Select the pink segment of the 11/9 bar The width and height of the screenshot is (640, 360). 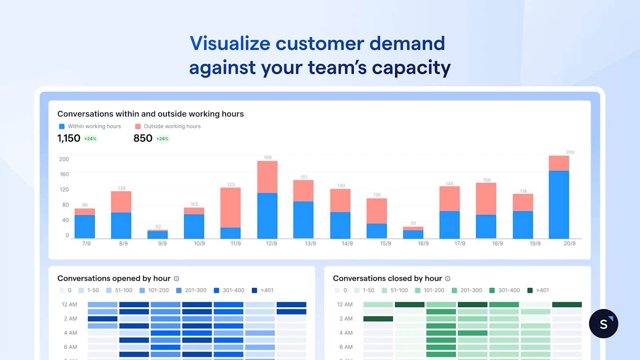tap(230, 207)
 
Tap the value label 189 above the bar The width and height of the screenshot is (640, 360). tap(268, 158)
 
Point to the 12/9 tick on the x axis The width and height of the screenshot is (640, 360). tap(272, 243)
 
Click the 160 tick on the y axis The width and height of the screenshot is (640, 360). tap(64, 174)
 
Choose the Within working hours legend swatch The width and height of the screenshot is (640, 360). tap(62, 126)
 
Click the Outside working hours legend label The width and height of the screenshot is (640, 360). tap(172, 126)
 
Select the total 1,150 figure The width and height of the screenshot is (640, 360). tap(69, 138)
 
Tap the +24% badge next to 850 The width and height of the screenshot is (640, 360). tap(162, 139)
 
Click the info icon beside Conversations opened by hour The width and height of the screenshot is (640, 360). tap(176, 279)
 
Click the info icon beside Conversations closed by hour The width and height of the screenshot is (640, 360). tap(448, 279)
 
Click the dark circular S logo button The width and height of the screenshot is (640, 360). tap(603, 324)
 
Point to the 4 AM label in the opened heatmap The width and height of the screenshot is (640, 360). tap(70, 333)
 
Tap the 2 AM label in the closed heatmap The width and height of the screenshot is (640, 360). tap(346, 319)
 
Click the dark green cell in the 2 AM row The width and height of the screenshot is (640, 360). tap(378, 319)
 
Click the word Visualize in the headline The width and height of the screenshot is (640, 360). tap(230, 43)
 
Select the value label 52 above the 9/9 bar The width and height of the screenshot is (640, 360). tap(158, 227)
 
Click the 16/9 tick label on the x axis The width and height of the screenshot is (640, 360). tap(423, 243)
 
